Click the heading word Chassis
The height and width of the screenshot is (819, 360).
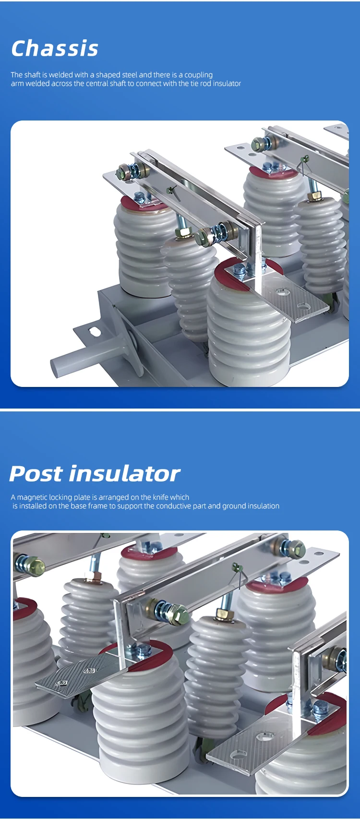coord(55,48)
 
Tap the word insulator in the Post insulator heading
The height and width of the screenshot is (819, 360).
coord(124,474)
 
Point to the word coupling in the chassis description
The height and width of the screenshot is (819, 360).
coord(198,75)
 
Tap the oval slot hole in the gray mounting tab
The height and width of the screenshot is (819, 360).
coord(94,332)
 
